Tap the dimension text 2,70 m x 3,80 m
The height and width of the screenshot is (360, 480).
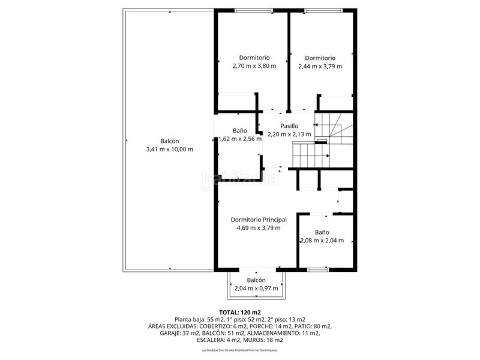tap(254, 66)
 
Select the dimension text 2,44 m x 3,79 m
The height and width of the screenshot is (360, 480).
tap(320, 66)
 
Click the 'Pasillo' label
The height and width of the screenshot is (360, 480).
tap(289, 126)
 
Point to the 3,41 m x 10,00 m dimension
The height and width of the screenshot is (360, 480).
tap(170, 149)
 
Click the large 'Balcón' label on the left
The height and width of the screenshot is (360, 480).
tap(170, 141)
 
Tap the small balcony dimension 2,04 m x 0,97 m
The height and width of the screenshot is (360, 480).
tap(257, 288)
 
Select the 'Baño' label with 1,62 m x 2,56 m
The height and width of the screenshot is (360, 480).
tap(239, 131)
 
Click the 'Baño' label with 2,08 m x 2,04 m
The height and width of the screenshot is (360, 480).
tap(322, 232)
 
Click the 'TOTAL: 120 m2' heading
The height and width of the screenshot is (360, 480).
tap(240, 312)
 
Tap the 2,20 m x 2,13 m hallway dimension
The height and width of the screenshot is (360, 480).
tap(289, 134)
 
